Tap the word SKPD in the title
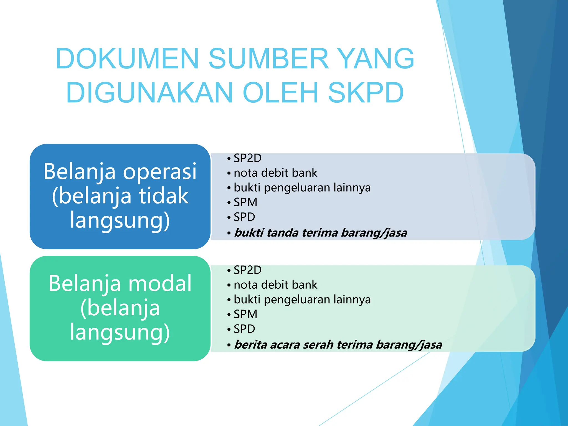point(366,93)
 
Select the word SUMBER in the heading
point(268,59)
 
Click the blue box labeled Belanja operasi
point(120,196)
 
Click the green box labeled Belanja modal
point(120,308)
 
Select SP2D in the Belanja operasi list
point(247,158)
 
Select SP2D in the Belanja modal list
point(247,270)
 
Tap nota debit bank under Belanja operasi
point(275,173)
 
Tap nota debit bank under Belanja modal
point(275,285)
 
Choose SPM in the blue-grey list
point(245,202)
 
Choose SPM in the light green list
point(245,314)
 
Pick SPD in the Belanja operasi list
point(244,217)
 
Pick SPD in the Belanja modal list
point(244,329)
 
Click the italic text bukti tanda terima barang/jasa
point(321,233)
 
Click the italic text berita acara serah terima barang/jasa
point(338,345)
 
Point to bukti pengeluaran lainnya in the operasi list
point(302,188)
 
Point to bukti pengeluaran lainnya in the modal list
point(302,300)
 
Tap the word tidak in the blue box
point(164,196)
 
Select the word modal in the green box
point(160,283)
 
